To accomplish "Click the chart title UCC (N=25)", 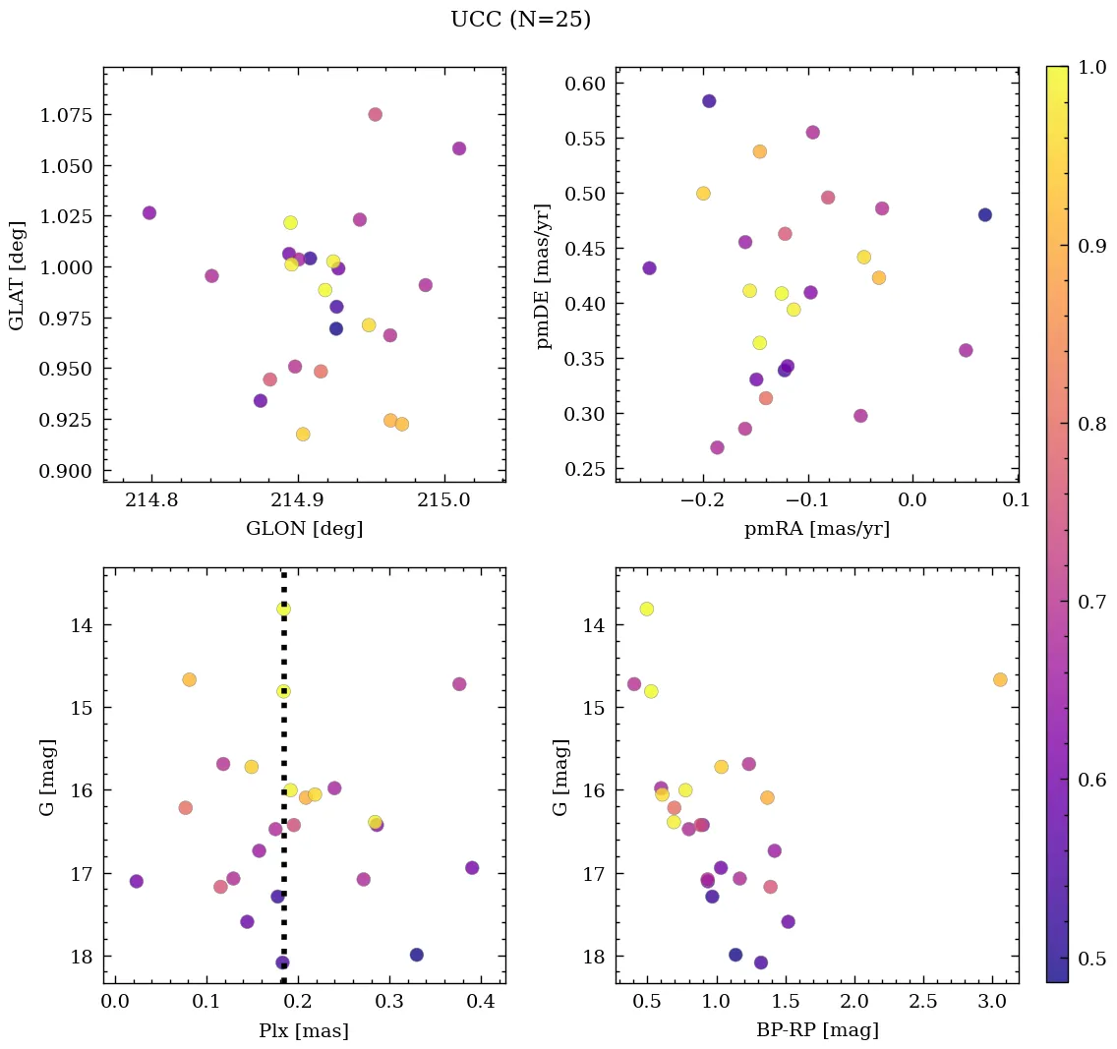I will pos(520,20).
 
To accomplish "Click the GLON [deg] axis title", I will pos(304,529).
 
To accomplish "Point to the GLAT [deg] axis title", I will pos(17,274).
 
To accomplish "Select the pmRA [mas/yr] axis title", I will pos(817,529).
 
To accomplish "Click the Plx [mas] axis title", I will pos(304,1030).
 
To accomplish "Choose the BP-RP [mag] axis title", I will pos(817,1030).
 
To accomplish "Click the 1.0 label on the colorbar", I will pos(1093,66).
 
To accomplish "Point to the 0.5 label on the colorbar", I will pos(1093,959).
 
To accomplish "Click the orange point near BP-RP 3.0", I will pos(1000,679).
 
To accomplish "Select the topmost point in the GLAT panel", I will pos(375,114).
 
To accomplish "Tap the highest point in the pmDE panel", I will pos(709,101).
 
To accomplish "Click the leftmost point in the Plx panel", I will pos(136,881).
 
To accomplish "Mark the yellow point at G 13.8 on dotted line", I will pos(283,609).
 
